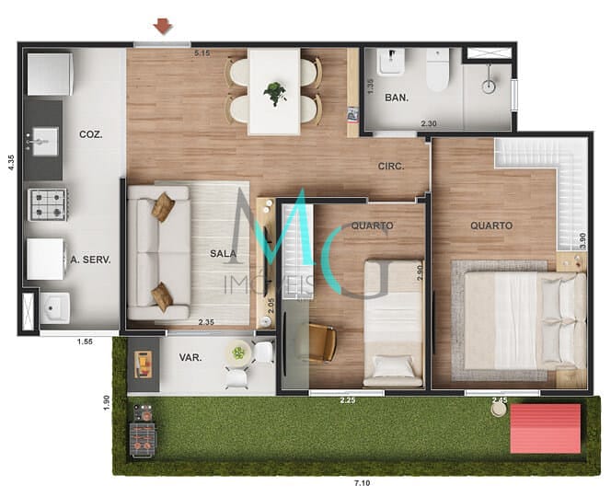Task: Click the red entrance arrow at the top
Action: (163, 26)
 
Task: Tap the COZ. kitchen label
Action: (90, 134)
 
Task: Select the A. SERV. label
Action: (90, 260)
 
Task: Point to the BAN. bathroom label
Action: (397, 98)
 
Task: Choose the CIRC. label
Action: (393, 167)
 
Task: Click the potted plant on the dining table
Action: (274, 92)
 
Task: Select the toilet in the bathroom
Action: (436, 70)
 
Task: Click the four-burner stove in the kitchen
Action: (45, 204)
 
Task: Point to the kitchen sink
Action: (42, 143)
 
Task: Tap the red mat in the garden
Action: (546, 428)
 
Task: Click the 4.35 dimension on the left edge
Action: (11, 162)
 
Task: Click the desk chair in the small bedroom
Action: (321, 342)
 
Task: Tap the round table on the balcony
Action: (239, 352)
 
